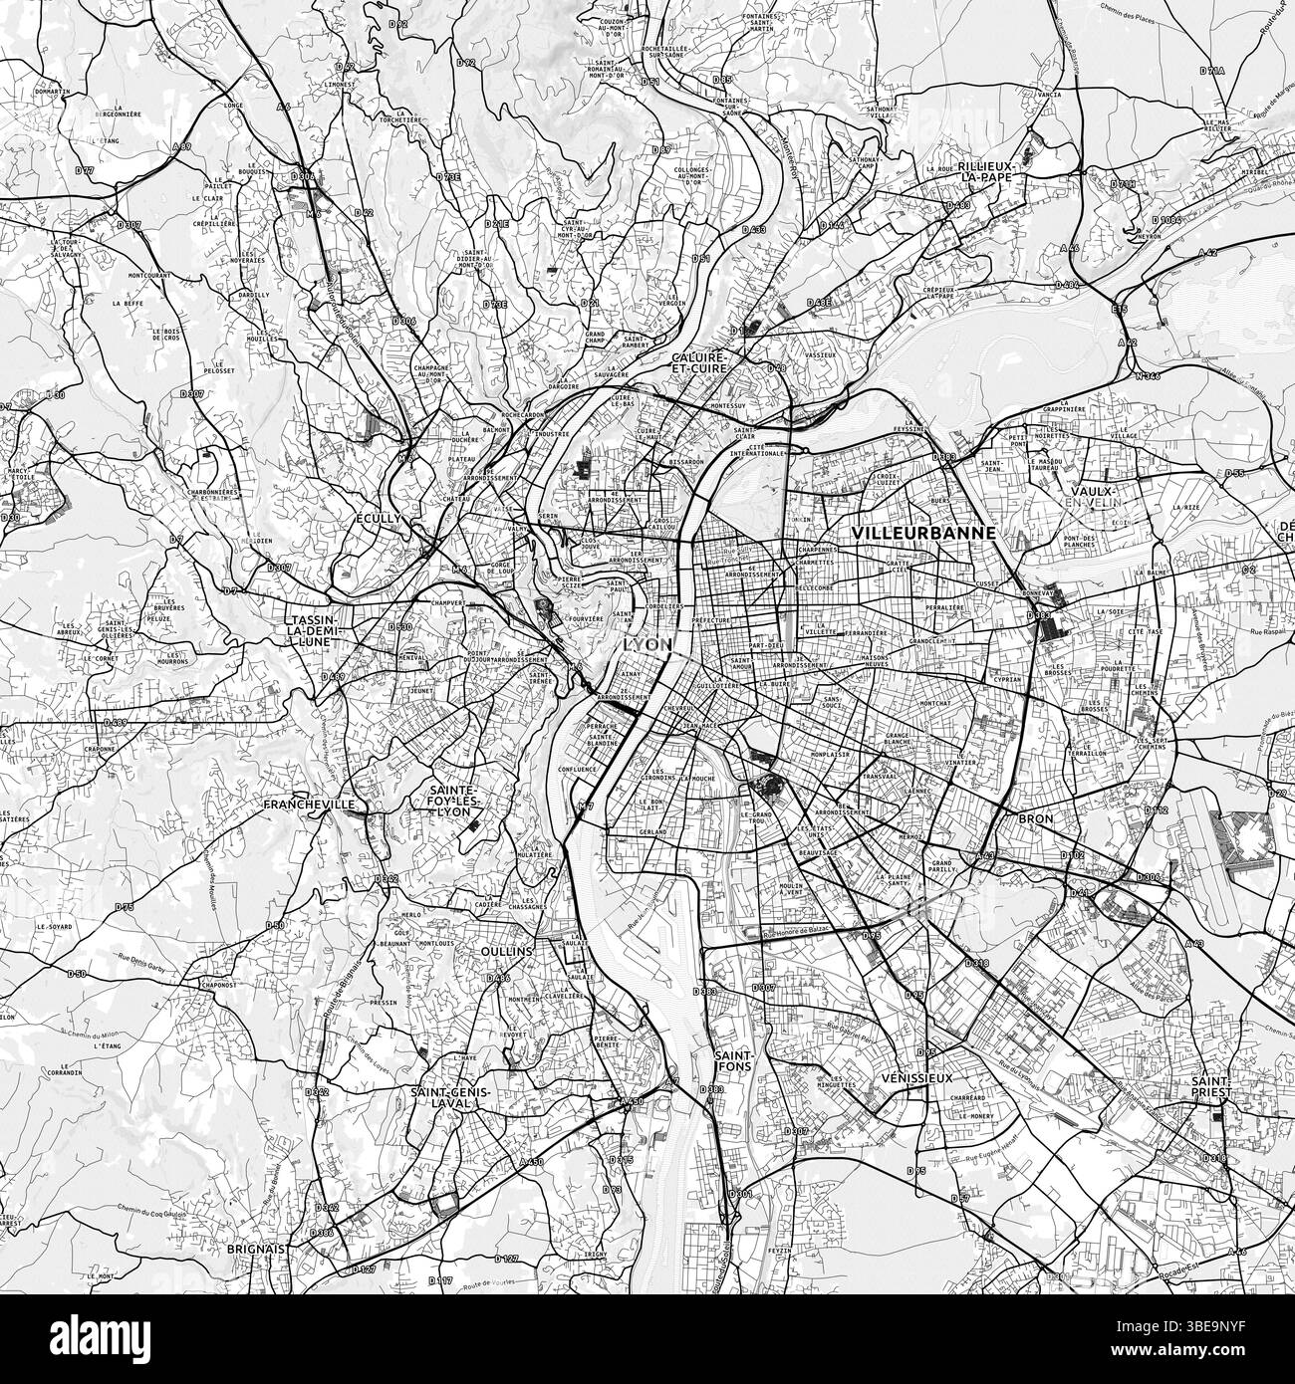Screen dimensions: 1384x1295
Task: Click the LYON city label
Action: [x=647, y=644]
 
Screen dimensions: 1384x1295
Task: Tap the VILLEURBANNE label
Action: [x=923, y=534]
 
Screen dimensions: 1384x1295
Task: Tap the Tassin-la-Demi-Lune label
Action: [x=314, y=630]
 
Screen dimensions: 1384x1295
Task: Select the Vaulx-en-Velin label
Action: [x=1092, y=497]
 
